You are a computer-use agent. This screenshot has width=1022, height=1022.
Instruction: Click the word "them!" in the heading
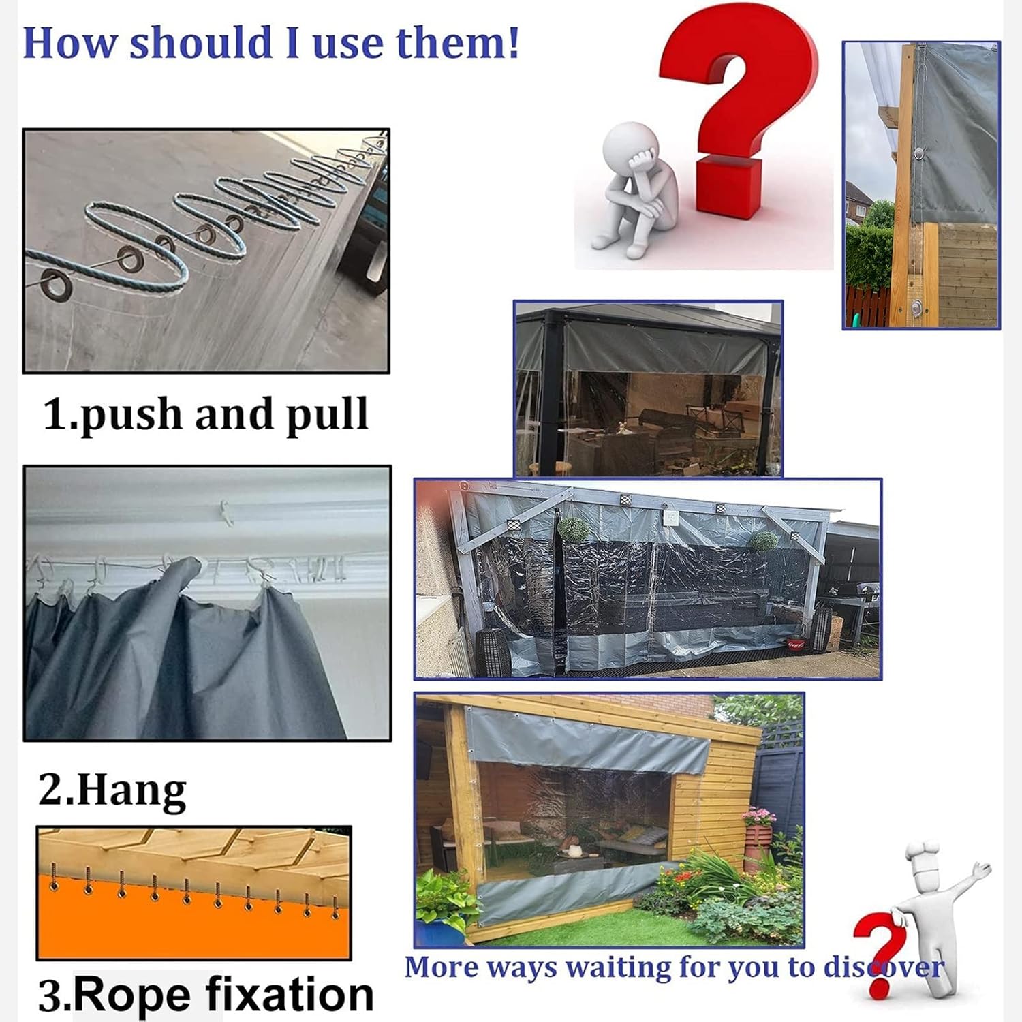point(457,42)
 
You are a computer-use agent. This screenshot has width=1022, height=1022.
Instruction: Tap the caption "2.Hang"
point(112,790)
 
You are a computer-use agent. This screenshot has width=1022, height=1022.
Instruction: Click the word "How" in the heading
point(71,42)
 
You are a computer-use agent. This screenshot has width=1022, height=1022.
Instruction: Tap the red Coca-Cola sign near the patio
point(795,642)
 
